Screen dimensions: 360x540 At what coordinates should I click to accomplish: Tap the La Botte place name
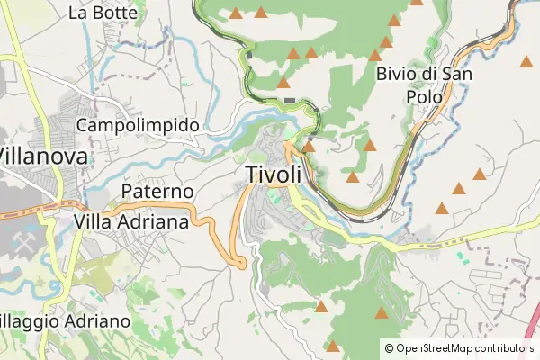103,13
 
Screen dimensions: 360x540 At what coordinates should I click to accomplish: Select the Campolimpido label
138,125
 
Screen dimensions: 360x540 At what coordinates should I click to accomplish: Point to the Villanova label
45,156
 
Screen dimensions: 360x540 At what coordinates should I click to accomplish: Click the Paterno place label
157,193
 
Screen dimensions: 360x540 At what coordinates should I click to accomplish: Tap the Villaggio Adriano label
65,321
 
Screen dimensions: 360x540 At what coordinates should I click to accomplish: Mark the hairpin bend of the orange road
239,262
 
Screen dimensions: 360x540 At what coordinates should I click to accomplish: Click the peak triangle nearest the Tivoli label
309,146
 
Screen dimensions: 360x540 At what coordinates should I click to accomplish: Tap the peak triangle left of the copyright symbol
333,346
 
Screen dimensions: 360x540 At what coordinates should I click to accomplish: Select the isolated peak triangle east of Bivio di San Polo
526,61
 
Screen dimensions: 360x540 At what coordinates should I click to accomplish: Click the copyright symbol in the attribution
390,347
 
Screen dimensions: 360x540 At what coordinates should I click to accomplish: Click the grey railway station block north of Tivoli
290,100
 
